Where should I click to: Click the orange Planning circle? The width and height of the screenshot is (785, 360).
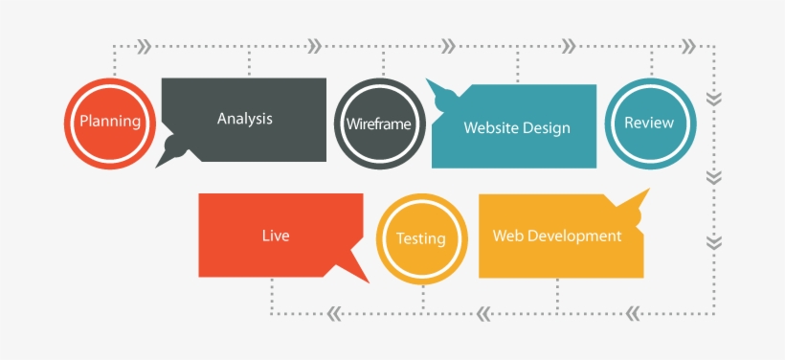coord(109,122)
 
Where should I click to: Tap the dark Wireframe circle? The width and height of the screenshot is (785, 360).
coord(379,124)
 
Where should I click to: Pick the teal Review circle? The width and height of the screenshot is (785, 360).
coord(649,123)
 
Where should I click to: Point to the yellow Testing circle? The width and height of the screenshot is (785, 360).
coord(420,238)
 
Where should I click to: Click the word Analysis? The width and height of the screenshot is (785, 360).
coord(244,119)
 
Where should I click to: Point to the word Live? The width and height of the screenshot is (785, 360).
coord(275,236)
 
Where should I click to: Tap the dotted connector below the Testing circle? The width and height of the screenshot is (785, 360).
coord(421,299)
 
